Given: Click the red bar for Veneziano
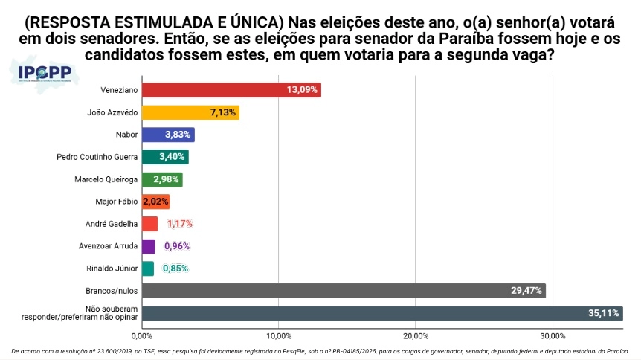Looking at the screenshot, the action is (231, 90).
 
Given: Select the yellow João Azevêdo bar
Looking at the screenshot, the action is (190, 112).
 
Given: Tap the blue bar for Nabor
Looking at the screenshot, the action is (168, 135).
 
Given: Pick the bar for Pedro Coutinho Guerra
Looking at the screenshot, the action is (165, 157).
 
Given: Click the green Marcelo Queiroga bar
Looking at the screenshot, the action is (162, 179).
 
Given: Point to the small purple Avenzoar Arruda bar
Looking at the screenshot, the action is (149, 246).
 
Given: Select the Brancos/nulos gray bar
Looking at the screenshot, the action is (344, 291).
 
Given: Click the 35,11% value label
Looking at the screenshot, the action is (603, 313).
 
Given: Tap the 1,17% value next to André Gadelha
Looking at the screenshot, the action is (180, 224).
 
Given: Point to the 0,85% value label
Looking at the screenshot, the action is (175, 269).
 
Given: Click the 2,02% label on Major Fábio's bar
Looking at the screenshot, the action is (155, 202).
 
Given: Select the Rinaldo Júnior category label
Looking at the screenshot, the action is (112, 269).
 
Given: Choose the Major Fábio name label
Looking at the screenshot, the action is (117, 202).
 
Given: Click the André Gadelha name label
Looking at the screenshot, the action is (112, 224).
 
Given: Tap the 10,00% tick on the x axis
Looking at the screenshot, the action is (279, 336).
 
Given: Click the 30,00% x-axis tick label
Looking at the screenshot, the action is (553, 336).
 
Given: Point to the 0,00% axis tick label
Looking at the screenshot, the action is (142, 336).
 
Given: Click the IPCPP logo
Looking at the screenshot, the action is (44, 74).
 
